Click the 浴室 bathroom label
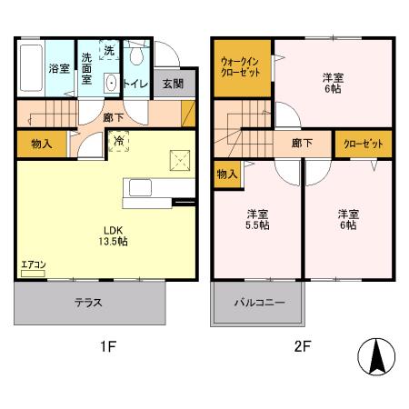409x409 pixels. point(59,68)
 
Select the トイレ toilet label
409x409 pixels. point(135,83)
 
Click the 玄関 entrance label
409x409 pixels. point(173,84)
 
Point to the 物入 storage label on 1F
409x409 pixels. point(40,144)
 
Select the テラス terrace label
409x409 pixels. point(88,303)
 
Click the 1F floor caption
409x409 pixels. point(106,345)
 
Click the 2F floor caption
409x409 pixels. point(302,345)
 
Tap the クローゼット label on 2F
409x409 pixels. point(363,144)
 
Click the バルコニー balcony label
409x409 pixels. point(259,303)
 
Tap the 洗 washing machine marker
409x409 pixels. point(109,51)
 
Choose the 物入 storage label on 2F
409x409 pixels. point(227,173)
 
